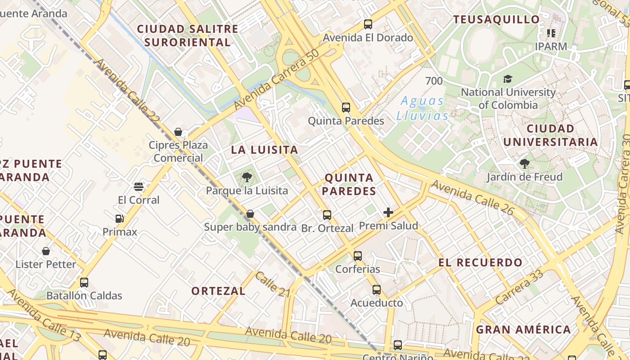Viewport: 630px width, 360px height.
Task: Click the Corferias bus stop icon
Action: [358, 256]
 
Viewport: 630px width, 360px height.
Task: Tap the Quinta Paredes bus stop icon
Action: [346, 108]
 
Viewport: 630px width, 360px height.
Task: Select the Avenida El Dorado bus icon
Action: [368, 24]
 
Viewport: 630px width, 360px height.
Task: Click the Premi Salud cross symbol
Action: [388, 212]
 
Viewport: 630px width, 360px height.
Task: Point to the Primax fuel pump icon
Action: [120, 219]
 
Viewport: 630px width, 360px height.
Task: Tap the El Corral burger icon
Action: [139, 187]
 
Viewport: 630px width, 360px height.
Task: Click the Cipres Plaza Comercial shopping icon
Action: [178, 132]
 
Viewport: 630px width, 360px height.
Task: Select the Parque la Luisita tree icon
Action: [247, 177]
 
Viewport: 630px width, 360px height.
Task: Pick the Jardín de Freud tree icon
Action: [524, 163]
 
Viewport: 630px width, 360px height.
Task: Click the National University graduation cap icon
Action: [508, 79]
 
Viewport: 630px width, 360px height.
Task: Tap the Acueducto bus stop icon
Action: [377, 290]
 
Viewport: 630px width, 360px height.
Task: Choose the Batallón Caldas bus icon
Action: [84, 283]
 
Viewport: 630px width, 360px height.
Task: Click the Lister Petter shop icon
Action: [46, 251]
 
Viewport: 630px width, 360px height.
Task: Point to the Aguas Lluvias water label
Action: [423, 108]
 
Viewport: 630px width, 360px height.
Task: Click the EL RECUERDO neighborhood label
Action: [481, 262]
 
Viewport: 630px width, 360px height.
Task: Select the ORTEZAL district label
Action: [219, 291]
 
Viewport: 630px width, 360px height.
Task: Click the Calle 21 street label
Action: [273, 284]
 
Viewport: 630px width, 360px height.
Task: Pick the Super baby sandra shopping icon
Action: [250, 214]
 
